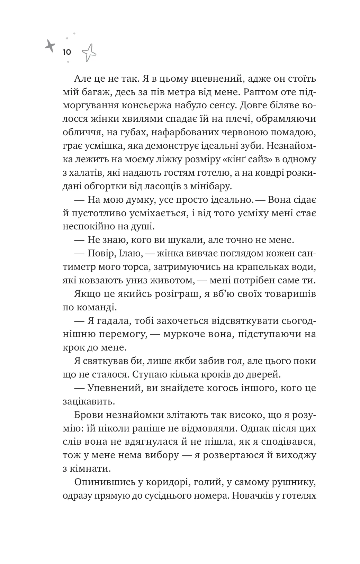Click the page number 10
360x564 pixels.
click(67, 52)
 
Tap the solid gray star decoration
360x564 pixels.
click(50, 45)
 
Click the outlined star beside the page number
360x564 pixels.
click(89, 53)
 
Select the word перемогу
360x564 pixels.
click(128, 335)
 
